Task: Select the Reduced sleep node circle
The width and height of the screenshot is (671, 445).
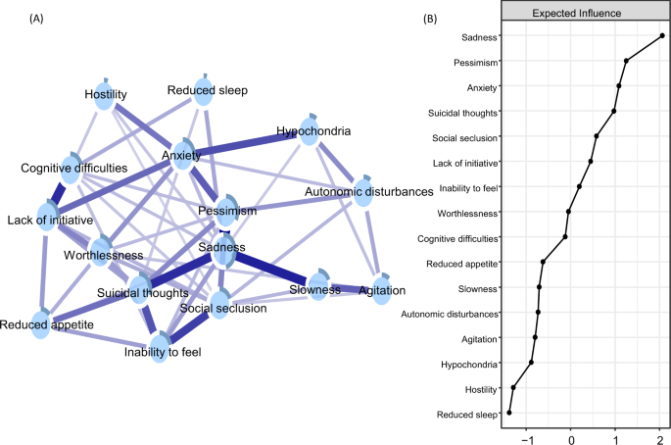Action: (202, 81)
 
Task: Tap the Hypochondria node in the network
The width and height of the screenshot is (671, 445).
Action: (309, 134)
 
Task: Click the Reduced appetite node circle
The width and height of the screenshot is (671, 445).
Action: (40, 325)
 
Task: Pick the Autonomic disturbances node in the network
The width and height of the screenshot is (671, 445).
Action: (361, 186)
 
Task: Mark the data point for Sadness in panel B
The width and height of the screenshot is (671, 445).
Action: (662, 36)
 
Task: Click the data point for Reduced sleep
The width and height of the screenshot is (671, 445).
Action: (509, 413)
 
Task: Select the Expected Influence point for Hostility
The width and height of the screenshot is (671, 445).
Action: (513, 388)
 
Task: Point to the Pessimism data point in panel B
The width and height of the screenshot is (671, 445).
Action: (626, 61)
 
